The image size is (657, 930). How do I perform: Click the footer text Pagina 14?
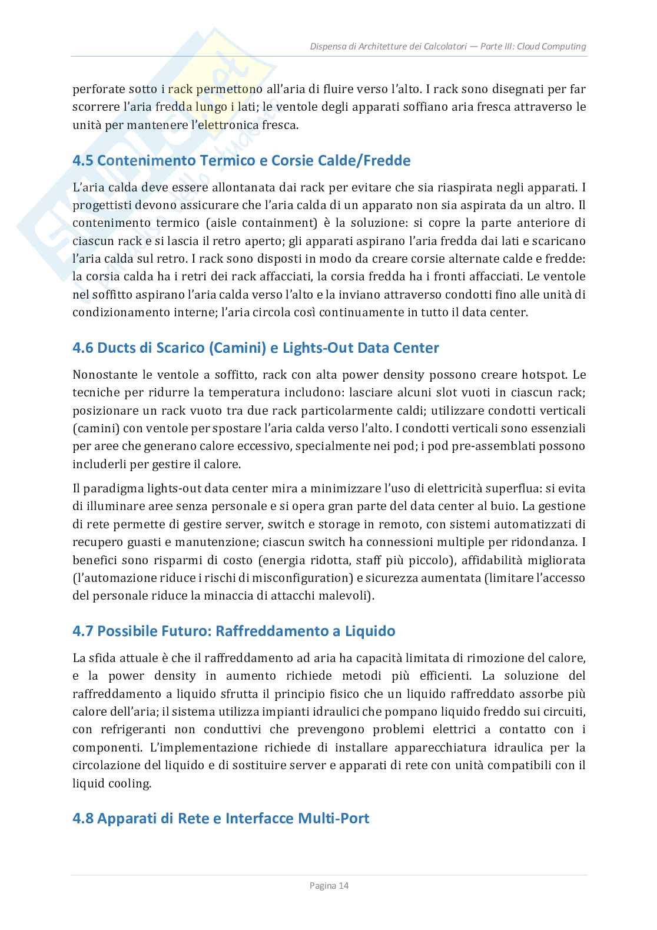328,885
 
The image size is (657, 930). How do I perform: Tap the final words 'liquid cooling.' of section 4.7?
111,784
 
